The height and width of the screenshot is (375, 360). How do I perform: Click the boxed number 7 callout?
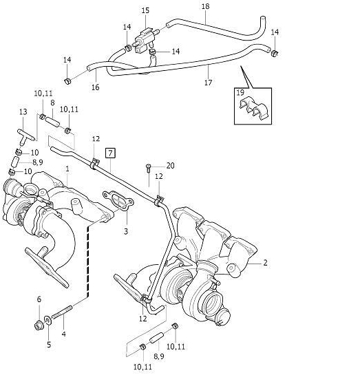110,153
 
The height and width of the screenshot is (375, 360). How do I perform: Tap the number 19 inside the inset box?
240,92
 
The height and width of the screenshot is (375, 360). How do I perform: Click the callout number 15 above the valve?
145,10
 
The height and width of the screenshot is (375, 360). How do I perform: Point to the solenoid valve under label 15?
145,40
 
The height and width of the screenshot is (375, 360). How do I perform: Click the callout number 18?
206,6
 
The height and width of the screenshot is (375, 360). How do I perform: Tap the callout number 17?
209,83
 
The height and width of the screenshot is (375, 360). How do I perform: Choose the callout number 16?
95,87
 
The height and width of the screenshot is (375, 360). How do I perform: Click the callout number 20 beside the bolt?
170,166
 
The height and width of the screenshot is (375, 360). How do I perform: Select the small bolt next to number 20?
148,168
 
